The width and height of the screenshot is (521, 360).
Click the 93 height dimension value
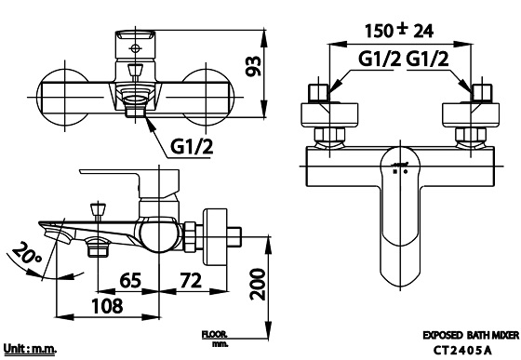[x=254, y=66]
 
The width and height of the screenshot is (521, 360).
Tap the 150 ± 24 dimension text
[x=399, y=31]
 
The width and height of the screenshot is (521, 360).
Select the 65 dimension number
[x=130, y=281]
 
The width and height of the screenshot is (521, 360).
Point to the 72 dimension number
[x=191, y=281]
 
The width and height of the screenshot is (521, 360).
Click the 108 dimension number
[x=107, y=306]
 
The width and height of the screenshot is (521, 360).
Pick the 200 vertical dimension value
[x=259, y=285]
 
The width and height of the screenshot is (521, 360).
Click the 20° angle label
[x=26, y=254]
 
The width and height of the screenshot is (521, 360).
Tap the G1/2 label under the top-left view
[x=192, y=146]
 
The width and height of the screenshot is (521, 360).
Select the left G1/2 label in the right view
[x=380, y=60]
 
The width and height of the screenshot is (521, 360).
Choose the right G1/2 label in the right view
[x=428, y=60]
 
